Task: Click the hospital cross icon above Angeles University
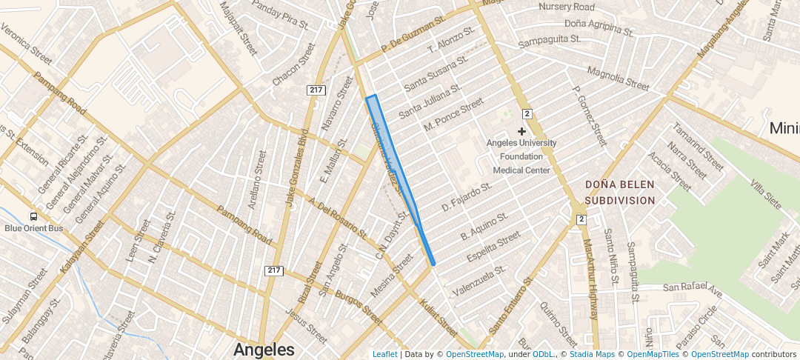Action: tap(521, 131)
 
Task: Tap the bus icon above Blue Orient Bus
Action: tap(33, 216)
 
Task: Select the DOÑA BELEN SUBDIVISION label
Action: tap(619, 191)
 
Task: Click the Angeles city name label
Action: tap(264, 349)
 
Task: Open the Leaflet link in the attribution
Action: tap(384, 355)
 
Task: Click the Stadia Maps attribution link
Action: tap(591, 355)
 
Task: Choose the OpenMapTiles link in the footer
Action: tap(649, 355)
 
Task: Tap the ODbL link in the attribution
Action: tap(542, 355)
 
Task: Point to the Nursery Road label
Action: tap(567, 7)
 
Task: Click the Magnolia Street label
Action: tap(617, 78)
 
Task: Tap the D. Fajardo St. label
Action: tap(467, 197)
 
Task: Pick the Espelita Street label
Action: tap(493, 247)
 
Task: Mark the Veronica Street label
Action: tap(26, 44)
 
